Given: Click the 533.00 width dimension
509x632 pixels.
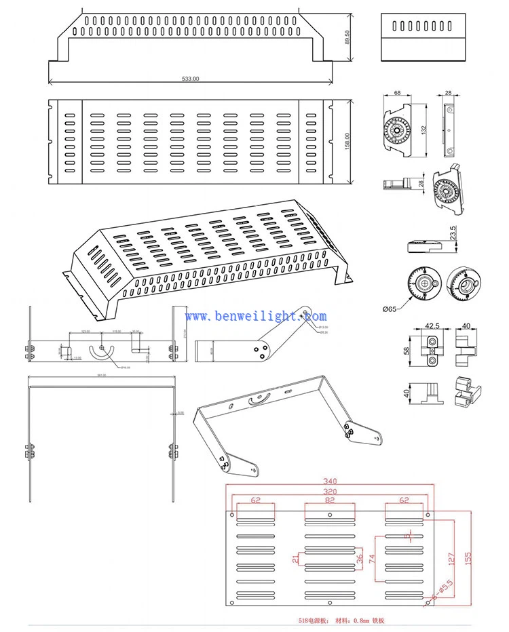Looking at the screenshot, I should [191, 79].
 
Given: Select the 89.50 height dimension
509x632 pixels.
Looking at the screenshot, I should [347, 37].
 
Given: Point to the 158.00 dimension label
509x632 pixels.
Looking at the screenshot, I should [347, 143].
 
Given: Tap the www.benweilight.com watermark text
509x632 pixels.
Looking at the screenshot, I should [256, 316].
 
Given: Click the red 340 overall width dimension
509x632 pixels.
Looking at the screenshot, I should [330, 481].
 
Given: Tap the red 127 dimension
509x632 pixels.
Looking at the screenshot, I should [449, 559].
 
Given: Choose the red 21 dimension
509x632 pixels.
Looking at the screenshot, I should [295, 559].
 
